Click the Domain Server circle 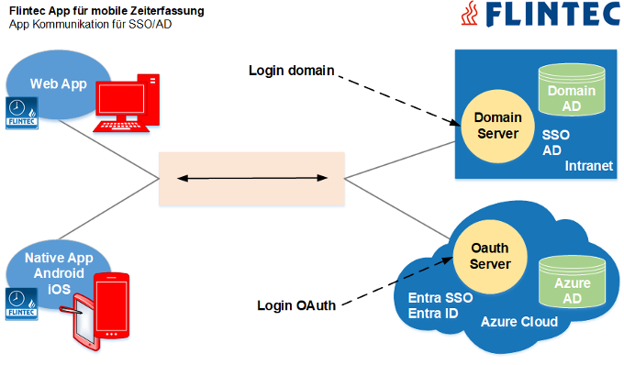click(496, 126)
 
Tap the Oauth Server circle click(490, 256)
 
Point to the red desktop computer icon click(128, 103)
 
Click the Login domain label click(292, 71)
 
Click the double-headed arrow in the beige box click(251, 176)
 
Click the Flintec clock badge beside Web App click(18, 113)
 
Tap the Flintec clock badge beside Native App click(17, 304)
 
